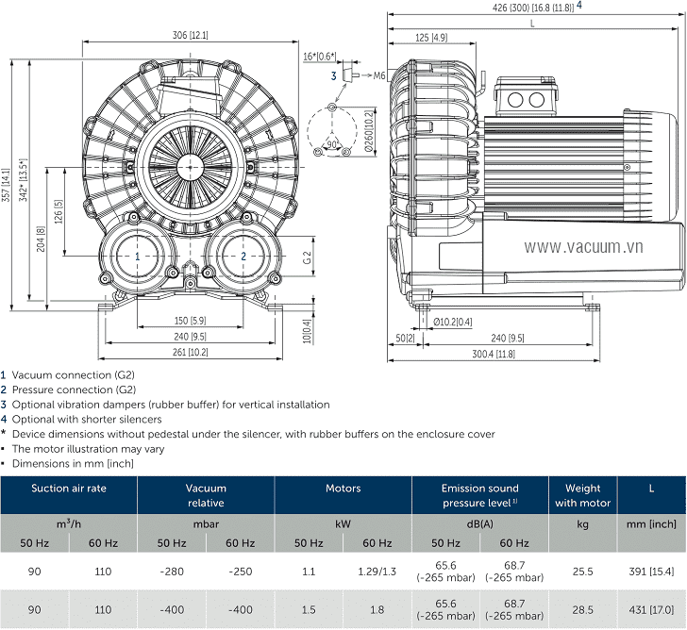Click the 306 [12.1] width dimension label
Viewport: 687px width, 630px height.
pos(190,36)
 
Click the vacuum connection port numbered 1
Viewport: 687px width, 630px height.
pos(137,256)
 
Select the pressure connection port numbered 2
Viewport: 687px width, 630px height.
pos(243,256)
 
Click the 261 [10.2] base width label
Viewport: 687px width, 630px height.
pos(190,352)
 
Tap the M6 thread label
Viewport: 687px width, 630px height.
pos(379,75)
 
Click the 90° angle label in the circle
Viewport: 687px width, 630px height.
pos(332,143)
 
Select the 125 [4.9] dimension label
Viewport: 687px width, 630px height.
pos(430,38)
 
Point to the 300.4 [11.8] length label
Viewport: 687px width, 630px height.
pos(494,354)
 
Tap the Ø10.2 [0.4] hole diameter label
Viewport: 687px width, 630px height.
pos(453,322)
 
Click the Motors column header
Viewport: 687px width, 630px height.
pos(343,489)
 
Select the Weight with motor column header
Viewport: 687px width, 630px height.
pos(582,495)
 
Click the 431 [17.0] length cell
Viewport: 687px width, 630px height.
pos(652,610)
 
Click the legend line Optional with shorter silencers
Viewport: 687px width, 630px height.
pos(87,419)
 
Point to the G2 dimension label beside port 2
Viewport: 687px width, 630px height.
pos(308,257)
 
